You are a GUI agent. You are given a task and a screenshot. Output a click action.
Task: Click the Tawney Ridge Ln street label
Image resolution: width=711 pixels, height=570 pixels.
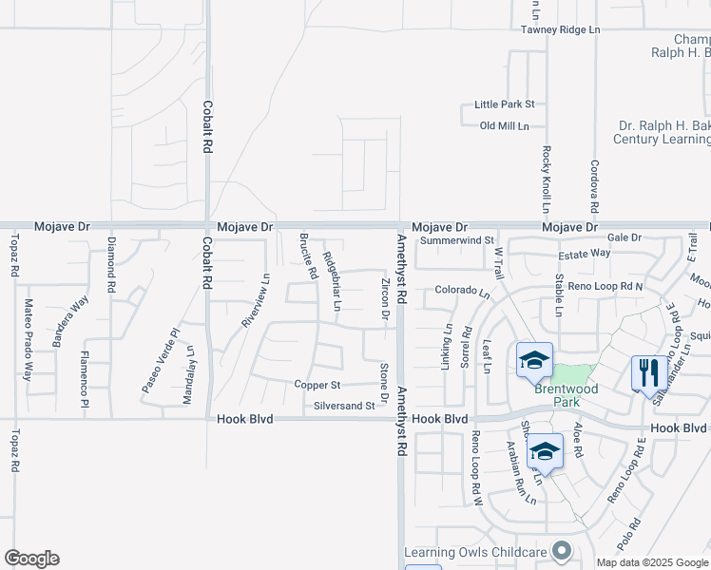pyautogui.click(x=560, y=30)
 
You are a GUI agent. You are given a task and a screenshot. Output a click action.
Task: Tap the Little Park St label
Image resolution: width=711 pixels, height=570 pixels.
pyautogui.click(x=505, y=104)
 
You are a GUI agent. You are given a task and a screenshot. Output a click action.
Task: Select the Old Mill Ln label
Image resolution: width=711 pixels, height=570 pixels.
pyautogui.click(x=510, y=125)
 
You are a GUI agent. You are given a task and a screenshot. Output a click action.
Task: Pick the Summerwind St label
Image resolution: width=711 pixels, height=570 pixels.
pyautogui.click(x=458, y=241)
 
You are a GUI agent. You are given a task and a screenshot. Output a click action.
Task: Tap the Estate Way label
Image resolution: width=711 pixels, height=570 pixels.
pyautogui.click(x=585, y=254)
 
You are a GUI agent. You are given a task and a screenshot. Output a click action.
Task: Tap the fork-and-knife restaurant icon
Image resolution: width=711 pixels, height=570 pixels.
pyautogui.click(x=649, y=371)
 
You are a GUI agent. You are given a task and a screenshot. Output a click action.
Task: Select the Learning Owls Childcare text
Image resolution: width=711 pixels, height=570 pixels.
pyautogui.click(x=475, y=552)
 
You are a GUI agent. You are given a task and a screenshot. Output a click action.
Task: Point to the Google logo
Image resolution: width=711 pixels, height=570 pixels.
pyautogui.click(x=31, y=559)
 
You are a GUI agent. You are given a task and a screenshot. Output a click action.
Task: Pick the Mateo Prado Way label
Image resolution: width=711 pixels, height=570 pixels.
pyautogui.click(x=28, y=340)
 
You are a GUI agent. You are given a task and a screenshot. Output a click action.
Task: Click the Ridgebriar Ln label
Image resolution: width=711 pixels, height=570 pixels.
pyautogui.click(x=331, y=281)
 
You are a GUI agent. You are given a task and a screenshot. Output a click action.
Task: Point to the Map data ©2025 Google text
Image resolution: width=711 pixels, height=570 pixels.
pyautogui.click(x=653, y=562)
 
